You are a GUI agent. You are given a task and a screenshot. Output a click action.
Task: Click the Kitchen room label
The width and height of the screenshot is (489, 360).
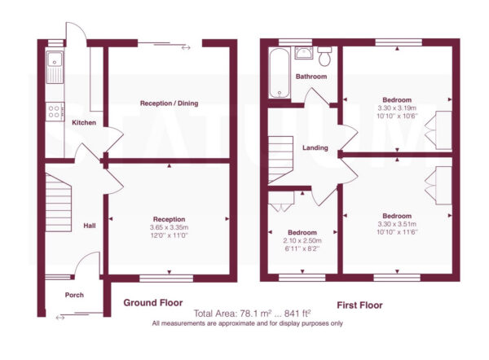(84, 122)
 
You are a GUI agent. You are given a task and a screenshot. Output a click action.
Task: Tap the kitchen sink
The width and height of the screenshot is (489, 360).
(55, 68)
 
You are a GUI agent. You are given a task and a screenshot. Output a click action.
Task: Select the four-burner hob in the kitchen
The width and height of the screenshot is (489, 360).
(55, 112)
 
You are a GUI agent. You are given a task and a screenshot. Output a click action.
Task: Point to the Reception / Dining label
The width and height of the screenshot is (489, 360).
(169, 103)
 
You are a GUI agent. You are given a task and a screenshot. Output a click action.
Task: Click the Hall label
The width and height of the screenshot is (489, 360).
(90, 226)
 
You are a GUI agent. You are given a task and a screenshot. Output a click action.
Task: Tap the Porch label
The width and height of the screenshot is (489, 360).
(74, 295)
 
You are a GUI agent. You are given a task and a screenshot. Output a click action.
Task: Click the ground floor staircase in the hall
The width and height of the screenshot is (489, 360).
(59, 203)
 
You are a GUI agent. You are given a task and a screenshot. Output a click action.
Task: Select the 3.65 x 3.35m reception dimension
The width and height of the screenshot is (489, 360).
(169, 227)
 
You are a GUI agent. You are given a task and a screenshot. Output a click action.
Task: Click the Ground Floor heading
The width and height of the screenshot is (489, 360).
(153, 302)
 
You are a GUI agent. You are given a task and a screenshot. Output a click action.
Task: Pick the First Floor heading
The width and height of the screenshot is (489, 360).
(359, 305)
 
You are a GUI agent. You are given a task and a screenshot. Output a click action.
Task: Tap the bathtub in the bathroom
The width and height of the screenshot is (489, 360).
(280, 73)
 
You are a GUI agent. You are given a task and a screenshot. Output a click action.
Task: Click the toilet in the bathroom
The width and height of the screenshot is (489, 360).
(324, 56)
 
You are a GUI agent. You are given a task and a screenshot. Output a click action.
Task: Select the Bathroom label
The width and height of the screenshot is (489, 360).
(311, 77)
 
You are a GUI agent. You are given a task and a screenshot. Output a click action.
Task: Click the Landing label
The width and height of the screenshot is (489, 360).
(315, 147)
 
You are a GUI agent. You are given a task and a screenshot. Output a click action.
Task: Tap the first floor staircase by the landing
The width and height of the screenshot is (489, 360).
(280, 160)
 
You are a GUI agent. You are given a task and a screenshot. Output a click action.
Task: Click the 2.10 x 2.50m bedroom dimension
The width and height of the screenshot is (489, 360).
(302, 240)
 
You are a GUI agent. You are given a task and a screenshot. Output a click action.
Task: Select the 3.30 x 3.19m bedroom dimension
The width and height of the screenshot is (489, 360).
(397, 108)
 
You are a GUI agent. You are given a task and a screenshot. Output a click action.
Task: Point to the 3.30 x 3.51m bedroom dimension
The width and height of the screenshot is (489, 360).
(397, 224)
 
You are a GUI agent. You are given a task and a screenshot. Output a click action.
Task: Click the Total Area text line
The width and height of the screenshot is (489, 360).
(253, 313)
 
